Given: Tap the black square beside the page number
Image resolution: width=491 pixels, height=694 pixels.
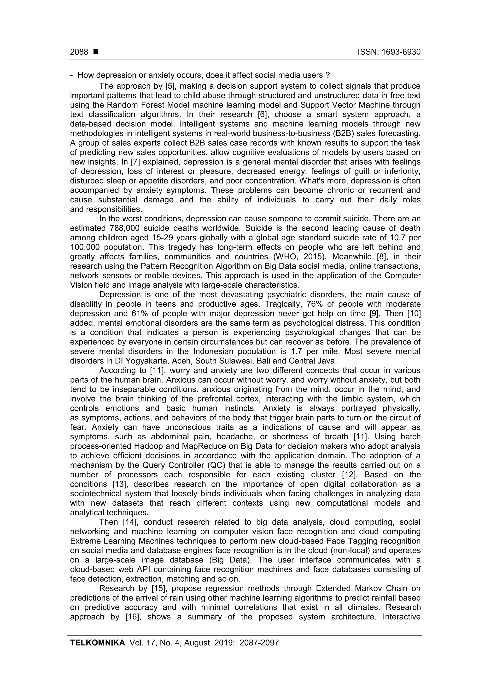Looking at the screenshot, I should click(x=96, y=52).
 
